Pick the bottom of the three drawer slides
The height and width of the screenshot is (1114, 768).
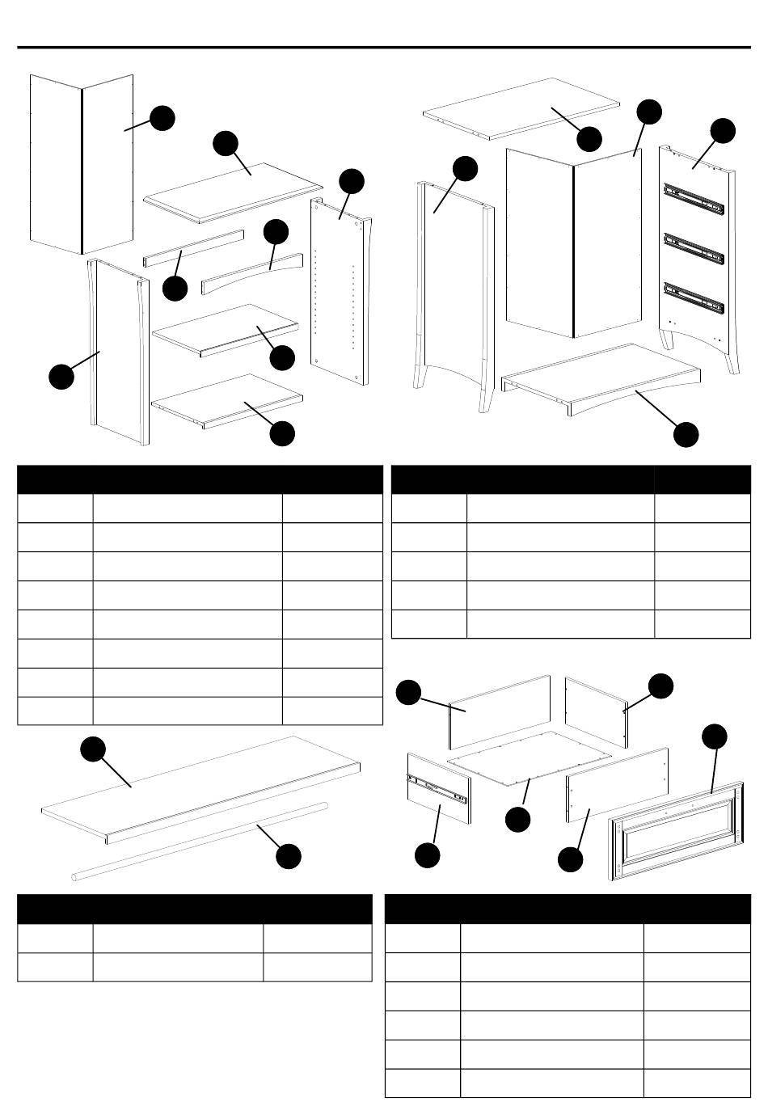pos(693,297)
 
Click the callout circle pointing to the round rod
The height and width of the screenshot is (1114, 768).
pos(289,857)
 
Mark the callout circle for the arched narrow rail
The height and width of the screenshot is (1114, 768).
pos(276,231)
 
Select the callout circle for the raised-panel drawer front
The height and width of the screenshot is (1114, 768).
pos(714,736)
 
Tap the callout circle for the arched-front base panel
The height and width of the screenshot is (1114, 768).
pos(686,434)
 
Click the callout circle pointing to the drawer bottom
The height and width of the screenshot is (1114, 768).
pos(517,820)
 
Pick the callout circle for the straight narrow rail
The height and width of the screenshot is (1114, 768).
pos(175,289)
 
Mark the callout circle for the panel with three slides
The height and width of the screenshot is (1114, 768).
pos(723,130)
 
